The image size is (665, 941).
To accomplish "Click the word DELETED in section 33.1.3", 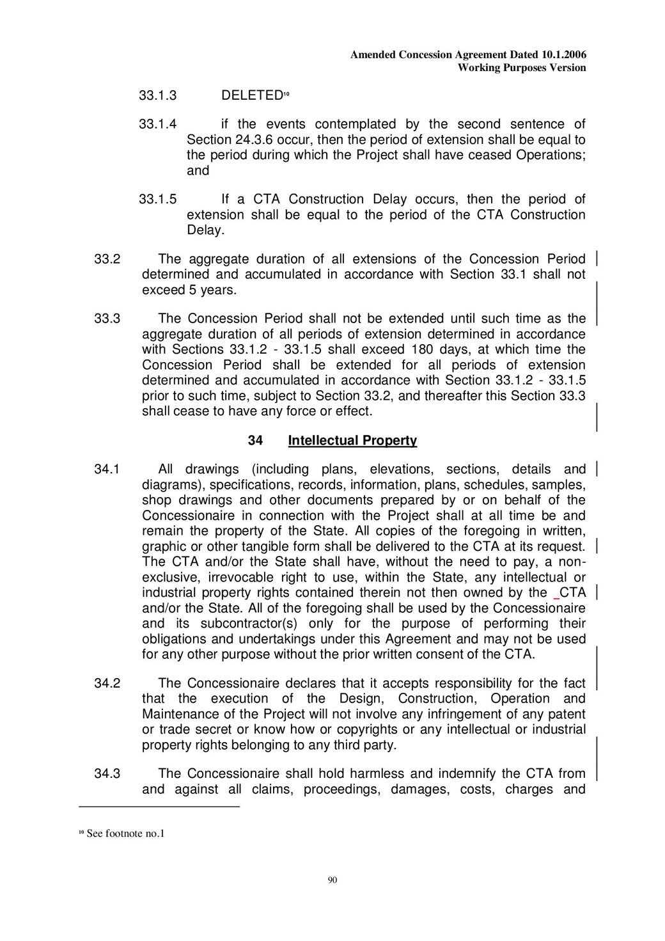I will [x=251, y=95].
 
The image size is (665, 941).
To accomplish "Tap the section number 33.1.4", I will [x=157, y=124].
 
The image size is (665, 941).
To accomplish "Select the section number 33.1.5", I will [x=157, y=199].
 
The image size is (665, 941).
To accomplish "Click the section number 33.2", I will [x=107, y=259].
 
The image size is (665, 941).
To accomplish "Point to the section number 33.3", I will [x=107, y=319].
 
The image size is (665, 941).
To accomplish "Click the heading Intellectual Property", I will [x=352, y=440].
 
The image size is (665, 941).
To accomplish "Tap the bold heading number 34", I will [x=255, y=440].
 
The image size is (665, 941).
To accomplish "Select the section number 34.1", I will [x=107, y=469].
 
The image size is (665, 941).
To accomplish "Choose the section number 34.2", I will [x=107, y=683].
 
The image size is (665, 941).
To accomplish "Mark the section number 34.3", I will [x=107, y=773].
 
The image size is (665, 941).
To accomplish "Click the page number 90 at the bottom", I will [x=332, y=880].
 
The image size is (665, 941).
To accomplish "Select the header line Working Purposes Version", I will [x=522, y=68].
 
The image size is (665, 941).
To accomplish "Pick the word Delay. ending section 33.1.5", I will [x=205, y=230].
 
